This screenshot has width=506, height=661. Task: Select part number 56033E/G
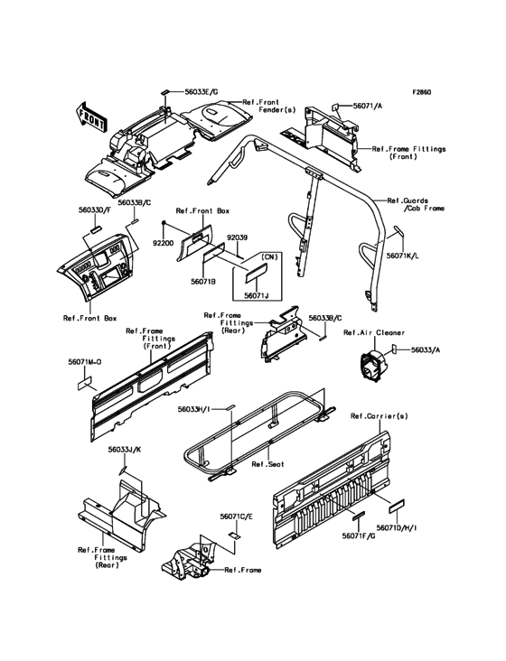201,92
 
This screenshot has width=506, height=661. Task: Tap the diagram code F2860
421,92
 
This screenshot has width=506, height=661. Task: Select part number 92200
164,243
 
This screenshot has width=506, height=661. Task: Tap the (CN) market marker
267,257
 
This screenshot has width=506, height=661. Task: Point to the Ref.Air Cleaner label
374,332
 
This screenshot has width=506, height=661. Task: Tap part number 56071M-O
85,362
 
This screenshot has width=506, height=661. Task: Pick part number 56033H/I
194,409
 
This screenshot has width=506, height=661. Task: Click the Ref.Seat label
268,464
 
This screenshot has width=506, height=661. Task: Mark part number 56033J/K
125,450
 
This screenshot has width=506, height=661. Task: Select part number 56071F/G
359,535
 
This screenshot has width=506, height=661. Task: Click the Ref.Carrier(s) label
379,416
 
